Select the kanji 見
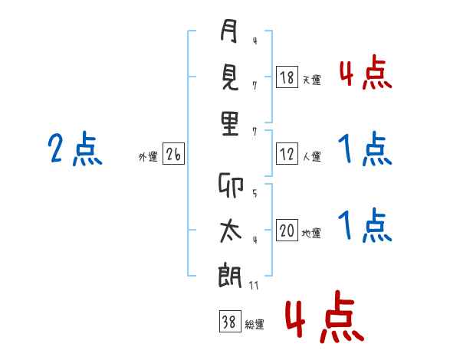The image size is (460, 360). pos(229,78)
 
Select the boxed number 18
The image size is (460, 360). pos(287,77)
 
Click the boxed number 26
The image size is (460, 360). pos(173,155)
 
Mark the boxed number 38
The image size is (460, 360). pos(227,322)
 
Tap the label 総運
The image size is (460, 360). pos(254,325)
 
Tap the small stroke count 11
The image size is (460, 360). pos(255,286)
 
